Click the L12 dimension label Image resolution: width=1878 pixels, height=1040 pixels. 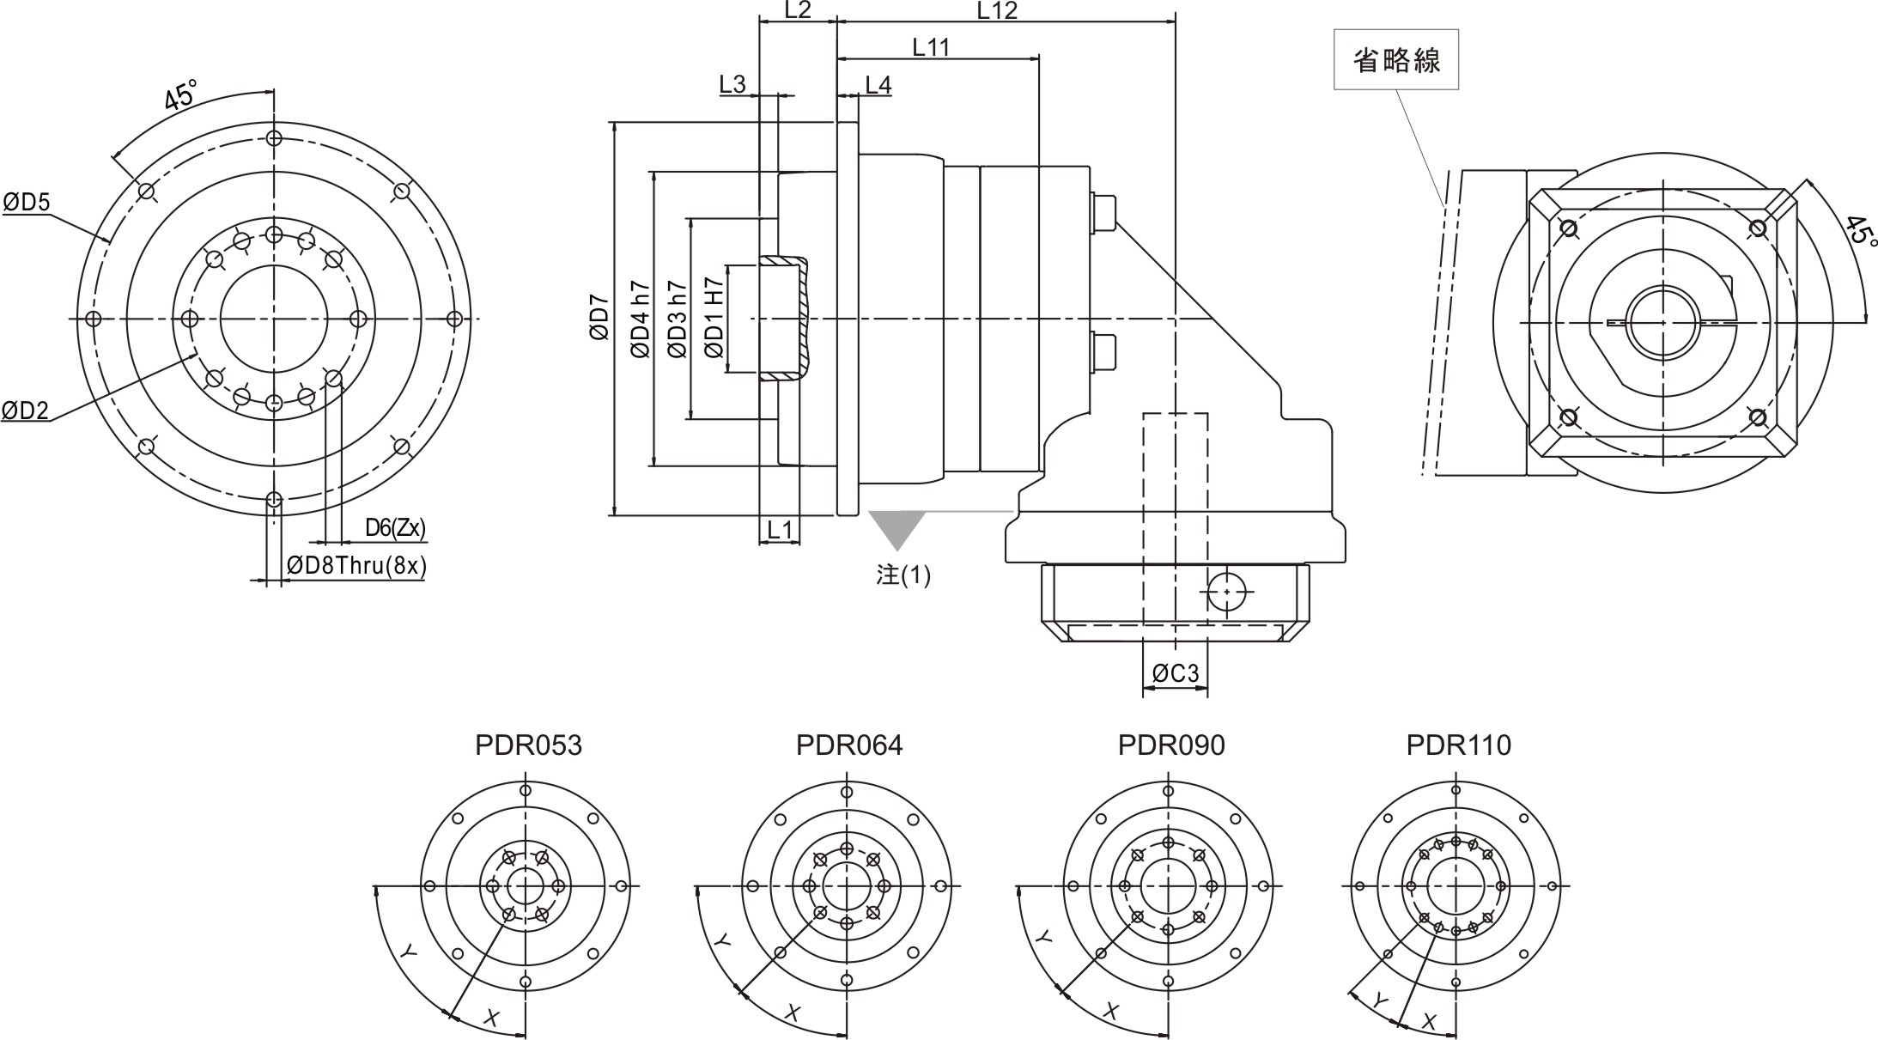click(x=997, y=10)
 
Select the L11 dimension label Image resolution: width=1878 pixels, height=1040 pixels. click(x=931, y=47)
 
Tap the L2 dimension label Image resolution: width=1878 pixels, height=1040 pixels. click(x=798, y=10)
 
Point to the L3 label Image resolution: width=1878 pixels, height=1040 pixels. click(x=732, y=84)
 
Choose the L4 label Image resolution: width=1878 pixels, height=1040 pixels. click(x=878, y=84)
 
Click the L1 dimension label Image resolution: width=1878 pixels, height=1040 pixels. click(x=779, y=530)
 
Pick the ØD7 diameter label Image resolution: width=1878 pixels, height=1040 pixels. click(x=599, y=319)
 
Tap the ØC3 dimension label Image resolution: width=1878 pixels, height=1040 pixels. click(x=1175, y=673)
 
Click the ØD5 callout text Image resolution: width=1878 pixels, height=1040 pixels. click(x=27, y=203)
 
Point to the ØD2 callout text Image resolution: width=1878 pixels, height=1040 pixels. click(x=25, y=411)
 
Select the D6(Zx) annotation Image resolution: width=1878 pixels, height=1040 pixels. click(x=395, y=528)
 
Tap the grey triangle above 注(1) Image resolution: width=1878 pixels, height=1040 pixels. click(x=897, y=527)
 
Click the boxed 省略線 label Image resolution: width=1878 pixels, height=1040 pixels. click(x=1395, y=60)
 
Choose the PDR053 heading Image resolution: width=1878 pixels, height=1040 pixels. click(x=528, y=745)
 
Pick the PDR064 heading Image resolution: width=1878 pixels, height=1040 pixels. click(x=848, y=745)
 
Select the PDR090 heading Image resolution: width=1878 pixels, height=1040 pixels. click(x=1170, y=745)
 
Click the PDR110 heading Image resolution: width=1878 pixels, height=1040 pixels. click(x=1458, y=745)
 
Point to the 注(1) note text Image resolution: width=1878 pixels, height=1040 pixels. click(x=903, y=575)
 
